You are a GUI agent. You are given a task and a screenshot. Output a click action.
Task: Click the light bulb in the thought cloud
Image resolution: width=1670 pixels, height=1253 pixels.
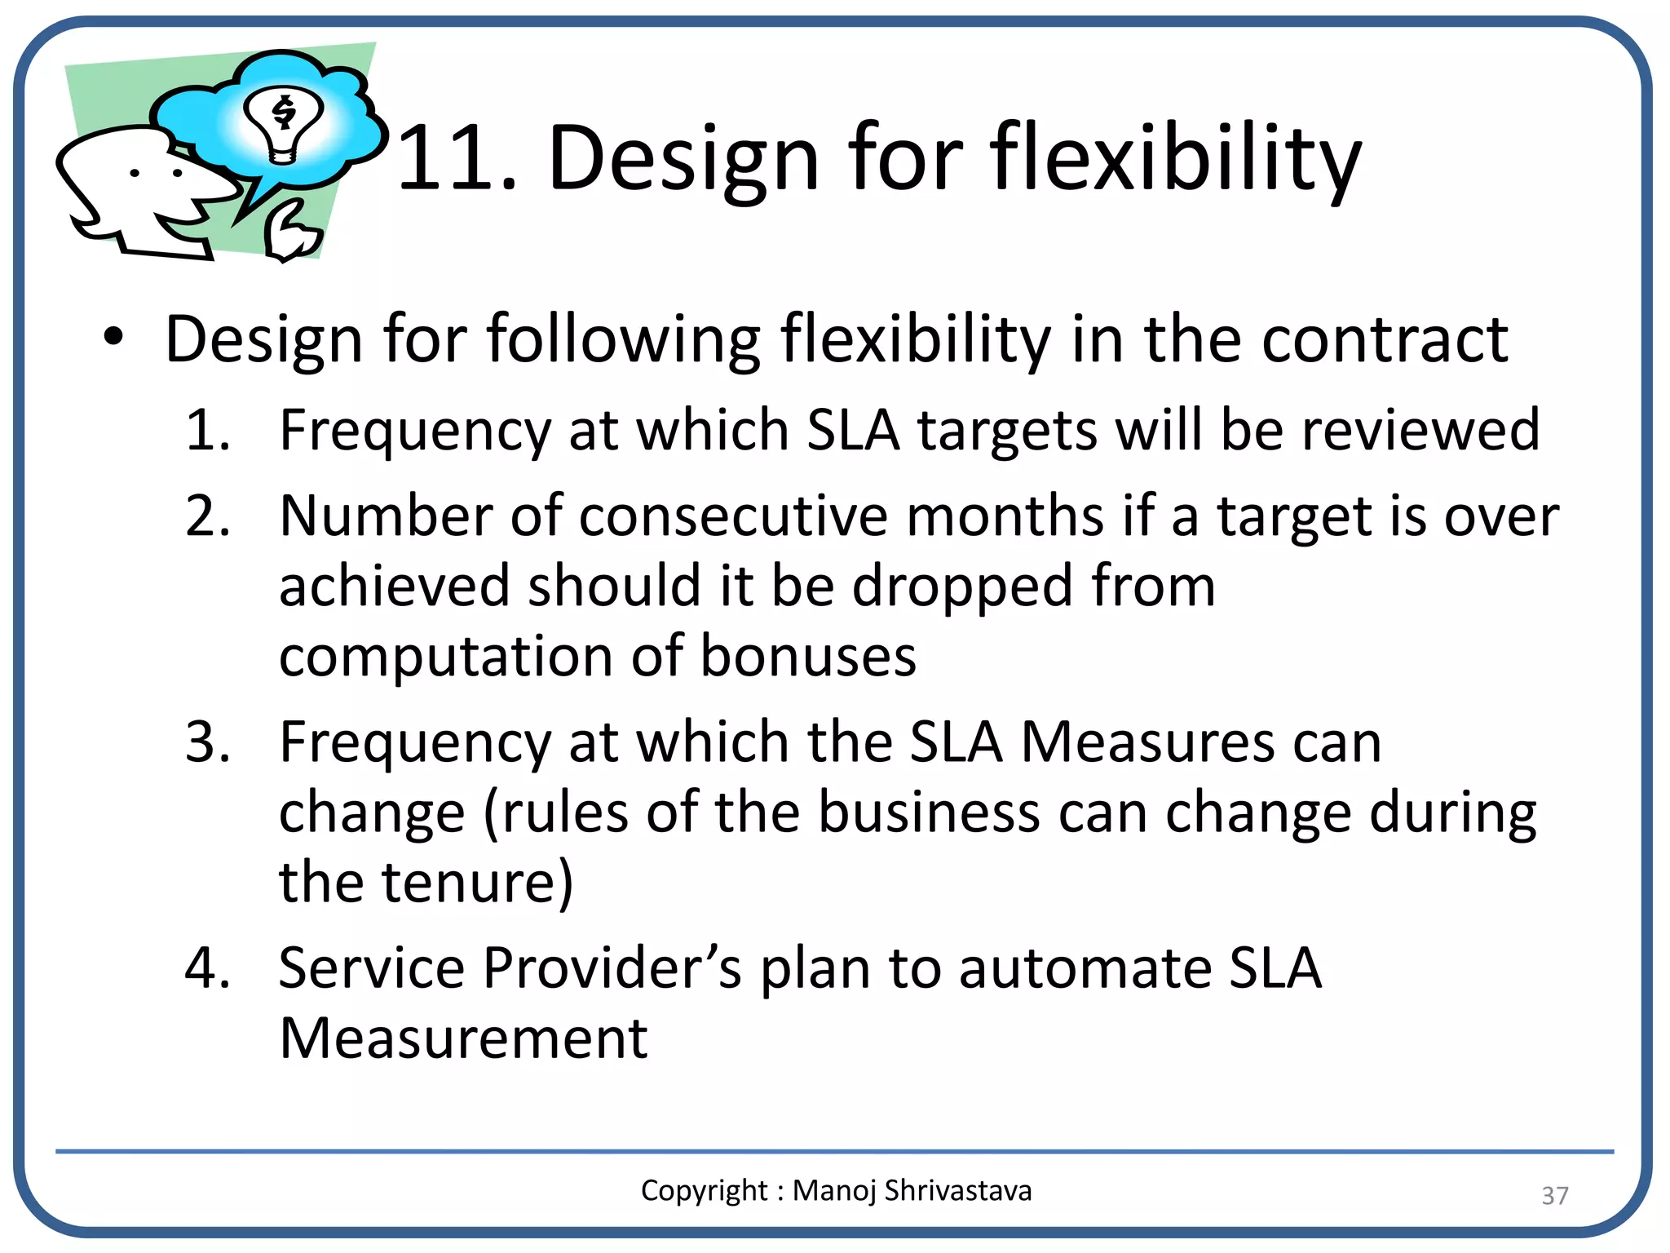click(x=284, y=124)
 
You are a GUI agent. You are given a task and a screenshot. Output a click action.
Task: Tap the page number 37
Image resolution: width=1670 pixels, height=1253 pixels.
click(x=1554, y=1195)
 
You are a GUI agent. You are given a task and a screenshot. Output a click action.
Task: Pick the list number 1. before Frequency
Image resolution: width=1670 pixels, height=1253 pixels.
click(x=207, y=430)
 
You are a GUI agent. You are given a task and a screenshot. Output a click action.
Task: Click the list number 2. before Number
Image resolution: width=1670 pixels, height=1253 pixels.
click(x=207, y=516)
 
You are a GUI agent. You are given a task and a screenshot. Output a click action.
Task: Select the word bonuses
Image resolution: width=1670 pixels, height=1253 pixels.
click(x=807, y=656)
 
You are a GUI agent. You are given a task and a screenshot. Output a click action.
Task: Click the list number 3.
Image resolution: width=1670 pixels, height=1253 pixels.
click(x=207, y=742)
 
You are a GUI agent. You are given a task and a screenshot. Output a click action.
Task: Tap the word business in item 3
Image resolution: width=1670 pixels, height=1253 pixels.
click(x=930, y=812)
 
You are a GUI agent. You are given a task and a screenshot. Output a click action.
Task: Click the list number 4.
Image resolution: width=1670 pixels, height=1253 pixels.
click(x=207, y=968)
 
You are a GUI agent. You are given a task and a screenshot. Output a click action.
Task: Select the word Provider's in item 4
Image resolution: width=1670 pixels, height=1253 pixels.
click(x=612, y=968)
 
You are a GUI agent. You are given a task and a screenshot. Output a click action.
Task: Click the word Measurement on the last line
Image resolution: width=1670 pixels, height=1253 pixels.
click(x=463, y=1038)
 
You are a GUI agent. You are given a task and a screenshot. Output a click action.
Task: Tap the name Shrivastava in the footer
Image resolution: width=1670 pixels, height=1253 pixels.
click(x=957, y=1190)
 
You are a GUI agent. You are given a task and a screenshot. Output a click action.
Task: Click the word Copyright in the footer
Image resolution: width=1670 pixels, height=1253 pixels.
click(x=704, y=1190)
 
